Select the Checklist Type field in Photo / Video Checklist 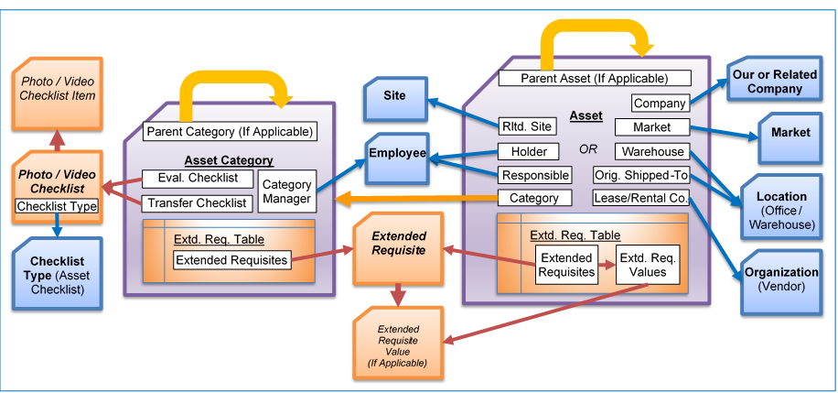tap(57, 207)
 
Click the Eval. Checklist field tap(190, 179)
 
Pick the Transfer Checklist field tap(196, 202)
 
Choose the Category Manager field tap(286, 191)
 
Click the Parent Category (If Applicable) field tap(230, 132)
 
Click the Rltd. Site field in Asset tap(527, 127)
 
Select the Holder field tap(527, 151)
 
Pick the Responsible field tap(535, 175)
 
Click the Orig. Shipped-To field tap(640, 175)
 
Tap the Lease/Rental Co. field tap(640, 199)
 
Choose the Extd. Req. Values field tap(647, 265)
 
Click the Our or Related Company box tap(774, 82)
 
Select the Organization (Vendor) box tap(780, 279)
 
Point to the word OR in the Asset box tap(589, 148)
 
